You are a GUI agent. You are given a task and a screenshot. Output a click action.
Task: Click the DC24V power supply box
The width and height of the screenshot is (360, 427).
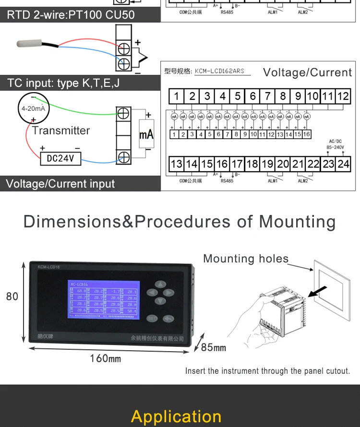click(60, 158)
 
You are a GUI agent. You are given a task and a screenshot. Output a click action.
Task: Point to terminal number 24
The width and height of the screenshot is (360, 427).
click(343, 164)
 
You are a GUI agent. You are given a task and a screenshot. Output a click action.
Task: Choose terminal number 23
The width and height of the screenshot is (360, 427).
click(328, 164)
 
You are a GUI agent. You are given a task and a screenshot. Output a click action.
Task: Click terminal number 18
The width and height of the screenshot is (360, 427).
click(252, 164)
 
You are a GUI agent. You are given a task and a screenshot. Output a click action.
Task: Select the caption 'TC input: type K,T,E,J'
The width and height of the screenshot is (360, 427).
click(63, 83)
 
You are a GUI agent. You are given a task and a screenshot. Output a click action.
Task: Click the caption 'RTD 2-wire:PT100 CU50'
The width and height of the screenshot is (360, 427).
click(71, 14)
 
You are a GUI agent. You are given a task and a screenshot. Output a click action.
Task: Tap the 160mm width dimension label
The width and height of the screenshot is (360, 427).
click(106, 358)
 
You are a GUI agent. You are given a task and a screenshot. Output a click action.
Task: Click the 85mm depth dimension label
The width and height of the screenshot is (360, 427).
click(213, 347)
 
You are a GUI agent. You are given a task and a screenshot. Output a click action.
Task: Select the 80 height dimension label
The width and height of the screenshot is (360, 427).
click(12, 297)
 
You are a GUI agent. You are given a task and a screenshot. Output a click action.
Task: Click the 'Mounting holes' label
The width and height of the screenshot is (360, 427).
click(246, 259)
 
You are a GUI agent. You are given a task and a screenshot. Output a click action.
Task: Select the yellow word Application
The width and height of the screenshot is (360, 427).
click(176, 416)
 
